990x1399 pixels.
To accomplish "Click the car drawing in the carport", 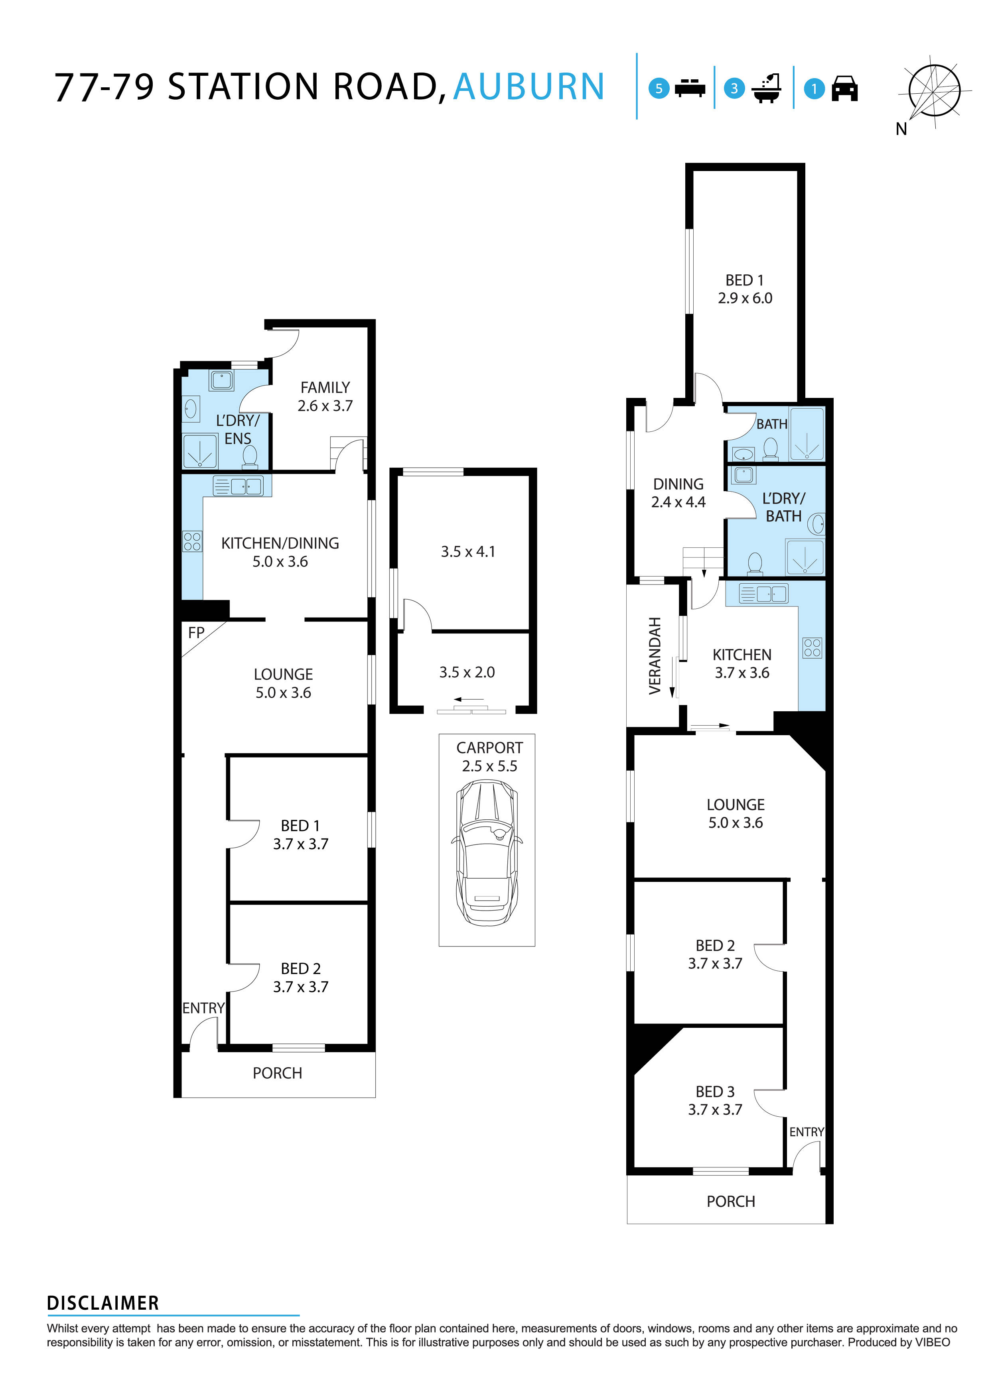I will tap(487, 853).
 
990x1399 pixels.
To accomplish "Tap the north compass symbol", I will tap(933, 91).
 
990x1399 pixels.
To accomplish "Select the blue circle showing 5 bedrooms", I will tap(659, 89).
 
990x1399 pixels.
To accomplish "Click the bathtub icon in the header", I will tap(767, 89).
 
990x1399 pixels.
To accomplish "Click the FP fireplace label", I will tap(196, 632).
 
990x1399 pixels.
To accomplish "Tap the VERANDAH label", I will tap(655, 655).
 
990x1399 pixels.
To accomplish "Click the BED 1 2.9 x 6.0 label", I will tap(744, 289).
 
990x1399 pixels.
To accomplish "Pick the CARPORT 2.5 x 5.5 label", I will tap(489, 757).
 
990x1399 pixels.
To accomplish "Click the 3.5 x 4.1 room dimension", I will tap(467, 551).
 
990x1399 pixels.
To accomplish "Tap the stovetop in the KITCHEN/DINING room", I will tap(192, 541).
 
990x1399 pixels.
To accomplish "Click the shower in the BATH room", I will tap(807, 434).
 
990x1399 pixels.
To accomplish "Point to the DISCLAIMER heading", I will tap(103, 1303).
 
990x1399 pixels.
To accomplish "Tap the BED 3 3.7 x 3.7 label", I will tap(715, 1100).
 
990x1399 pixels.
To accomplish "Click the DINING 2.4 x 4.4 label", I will tap(678, 493).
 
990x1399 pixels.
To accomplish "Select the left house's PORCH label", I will tap(277, 1073).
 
